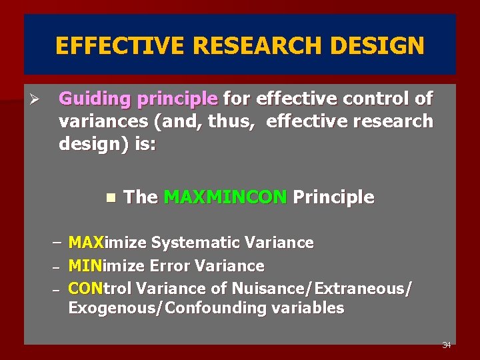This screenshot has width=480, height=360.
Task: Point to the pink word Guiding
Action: coord(95,99)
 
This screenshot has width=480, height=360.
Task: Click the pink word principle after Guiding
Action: coord(177,99)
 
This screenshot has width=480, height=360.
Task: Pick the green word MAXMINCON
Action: coord(225,197)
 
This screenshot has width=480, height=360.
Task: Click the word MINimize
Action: coord(106,266)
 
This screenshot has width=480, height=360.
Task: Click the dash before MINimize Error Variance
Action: coord(57,267)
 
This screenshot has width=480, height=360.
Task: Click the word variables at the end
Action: coord(312,308)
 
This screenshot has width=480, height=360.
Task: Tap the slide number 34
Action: coord(446,345)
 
